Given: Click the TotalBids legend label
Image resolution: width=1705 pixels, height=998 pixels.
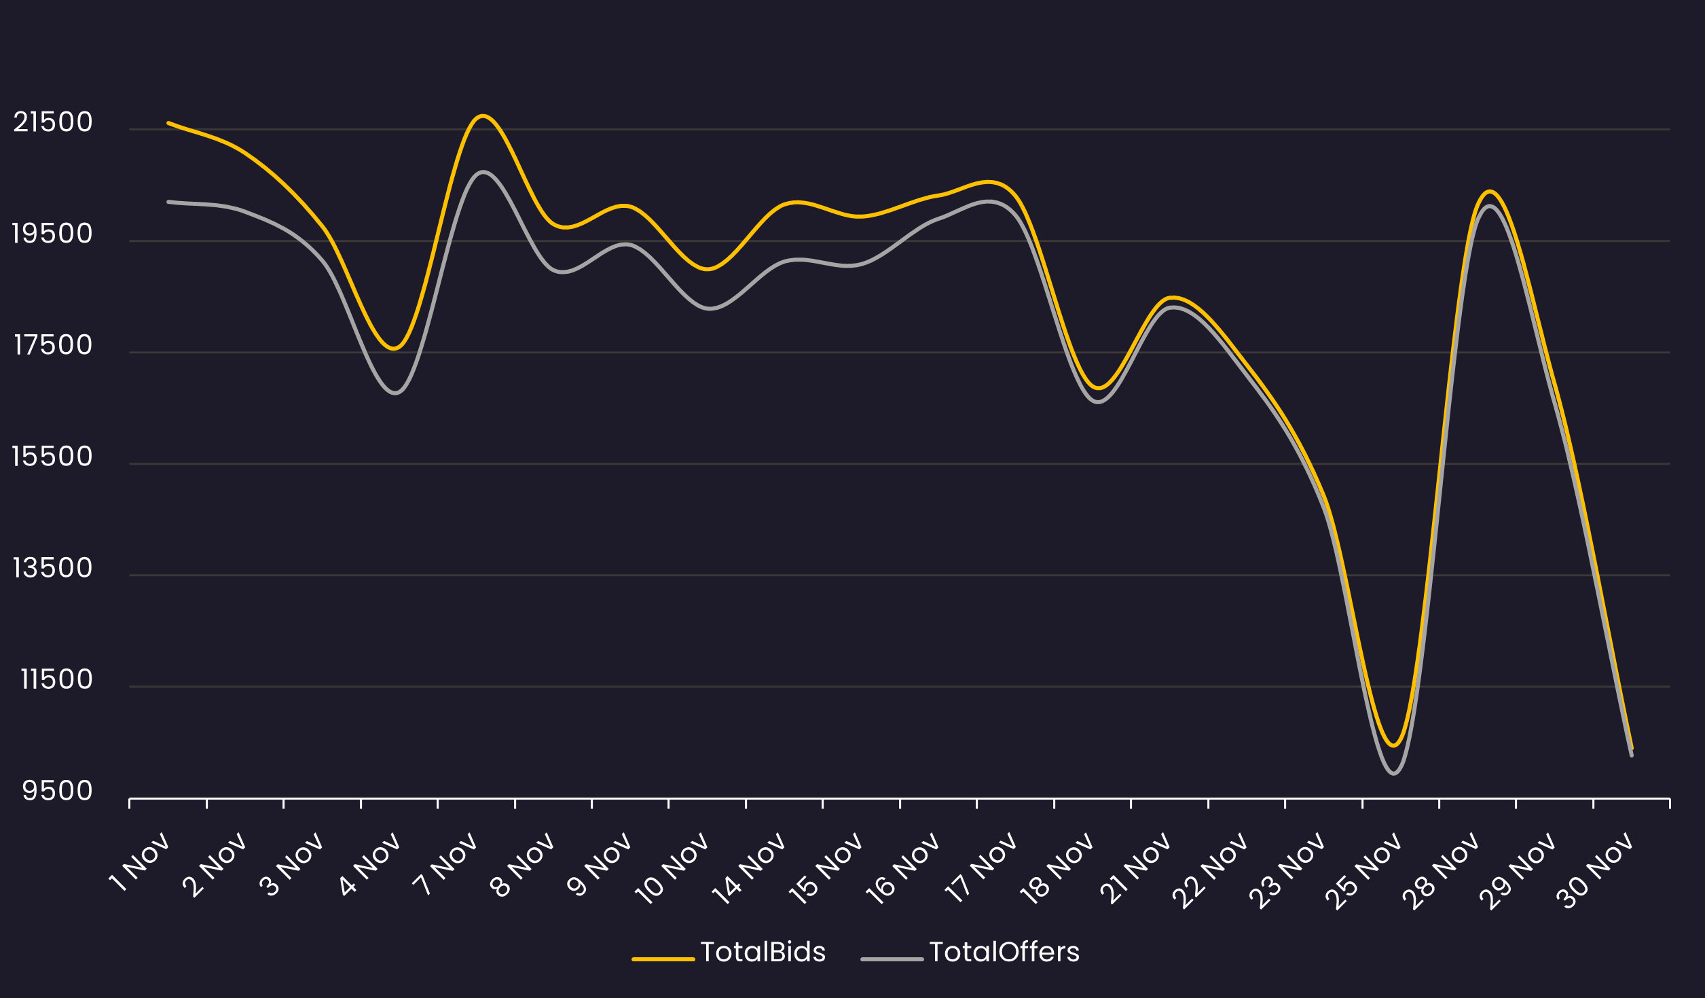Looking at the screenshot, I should click(x=763, y=952).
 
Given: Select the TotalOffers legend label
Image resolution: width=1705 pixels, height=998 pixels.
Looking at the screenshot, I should click(x=1004, y=952).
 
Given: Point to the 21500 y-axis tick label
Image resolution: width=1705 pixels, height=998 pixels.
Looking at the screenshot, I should click(x=53, y=122).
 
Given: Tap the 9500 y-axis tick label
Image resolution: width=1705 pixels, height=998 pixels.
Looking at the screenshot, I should click(x=57, y=791).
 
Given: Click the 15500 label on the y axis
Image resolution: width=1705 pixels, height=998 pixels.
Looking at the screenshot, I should click(x=52, y=457).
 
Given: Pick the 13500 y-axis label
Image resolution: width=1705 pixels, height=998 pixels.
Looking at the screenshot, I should click(x=52, y=568).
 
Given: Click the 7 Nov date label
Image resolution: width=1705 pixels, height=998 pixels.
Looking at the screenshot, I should click(x=447, y=863).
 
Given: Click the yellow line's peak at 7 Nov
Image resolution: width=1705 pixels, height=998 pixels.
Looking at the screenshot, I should click(x=482, y=116).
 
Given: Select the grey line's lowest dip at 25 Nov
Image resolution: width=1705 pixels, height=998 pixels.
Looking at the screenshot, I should click(x=1393, y=773).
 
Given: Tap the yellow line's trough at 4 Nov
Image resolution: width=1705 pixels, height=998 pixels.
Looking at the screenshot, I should click(x=395, y=349).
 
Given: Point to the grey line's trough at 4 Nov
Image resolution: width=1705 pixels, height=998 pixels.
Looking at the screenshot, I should click(x=395, y=393).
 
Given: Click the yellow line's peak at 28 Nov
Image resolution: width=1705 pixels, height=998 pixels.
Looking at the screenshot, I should click(x=1490, y=192).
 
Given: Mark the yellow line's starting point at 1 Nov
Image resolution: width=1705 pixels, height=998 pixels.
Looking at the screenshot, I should click(x=168, y=123).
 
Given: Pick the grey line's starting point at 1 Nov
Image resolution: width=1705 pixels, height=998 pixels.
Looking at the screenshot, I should click(x=168, y=202).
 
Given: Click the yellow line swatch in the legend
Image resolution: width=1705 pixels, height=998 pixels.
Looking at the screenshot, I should click(x=663, y=959).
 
